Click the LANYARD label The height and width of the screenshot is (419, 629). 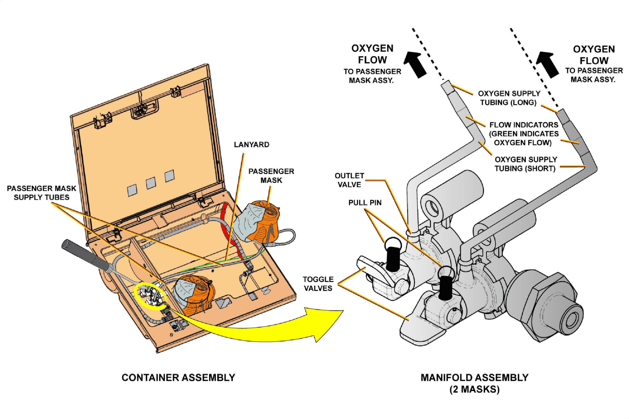(251, 145)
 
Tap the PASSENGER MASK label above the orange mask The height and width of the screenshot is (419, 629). (271, 176)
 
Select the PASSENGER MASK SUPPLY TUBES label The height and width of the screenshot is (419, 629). (41, 193)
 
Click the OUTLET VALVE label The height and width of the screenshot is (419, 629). (349, 180)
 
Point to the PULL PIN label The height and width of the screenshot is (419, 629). (365, 202)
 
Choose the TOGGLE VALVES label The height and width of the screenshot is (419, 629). (318, 284)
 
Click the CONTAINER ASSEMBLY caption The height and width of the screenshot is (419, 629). (178, 377)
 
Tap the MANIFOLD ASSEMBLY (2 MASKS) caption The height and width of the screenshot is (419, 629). (474, 383)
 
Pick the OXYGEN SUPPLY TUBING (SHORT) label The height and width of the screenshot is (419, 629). (525, 164)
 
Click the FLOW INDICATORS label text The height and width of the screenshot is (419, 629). (523, 133)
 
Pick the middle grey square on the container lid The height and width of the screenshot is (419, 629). (150, 183)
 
